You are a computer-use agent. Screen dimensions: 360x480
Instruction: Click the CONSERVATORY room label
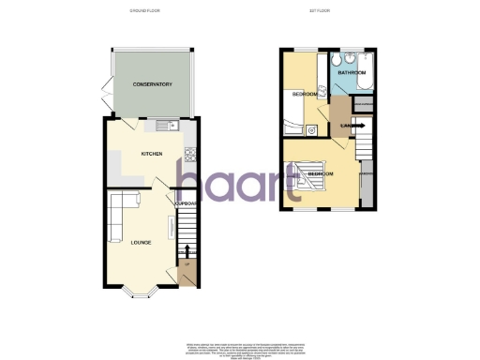(x=152, y=84)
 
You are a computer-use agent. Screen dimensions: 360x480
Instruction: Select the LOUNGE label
(x=141, y=243)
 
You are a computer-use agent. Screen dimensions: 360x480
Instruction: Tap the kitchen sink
(x=168, y=126)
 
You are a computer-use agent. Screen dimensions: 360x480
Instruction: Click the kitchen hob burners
(x=190, y=152)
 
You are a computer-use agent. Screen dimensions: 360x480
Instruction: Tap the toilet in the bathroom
(x=338, y=61)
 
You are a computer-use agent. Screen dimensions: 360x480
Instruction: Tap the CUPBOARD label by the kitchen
(x=183, y=202)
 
